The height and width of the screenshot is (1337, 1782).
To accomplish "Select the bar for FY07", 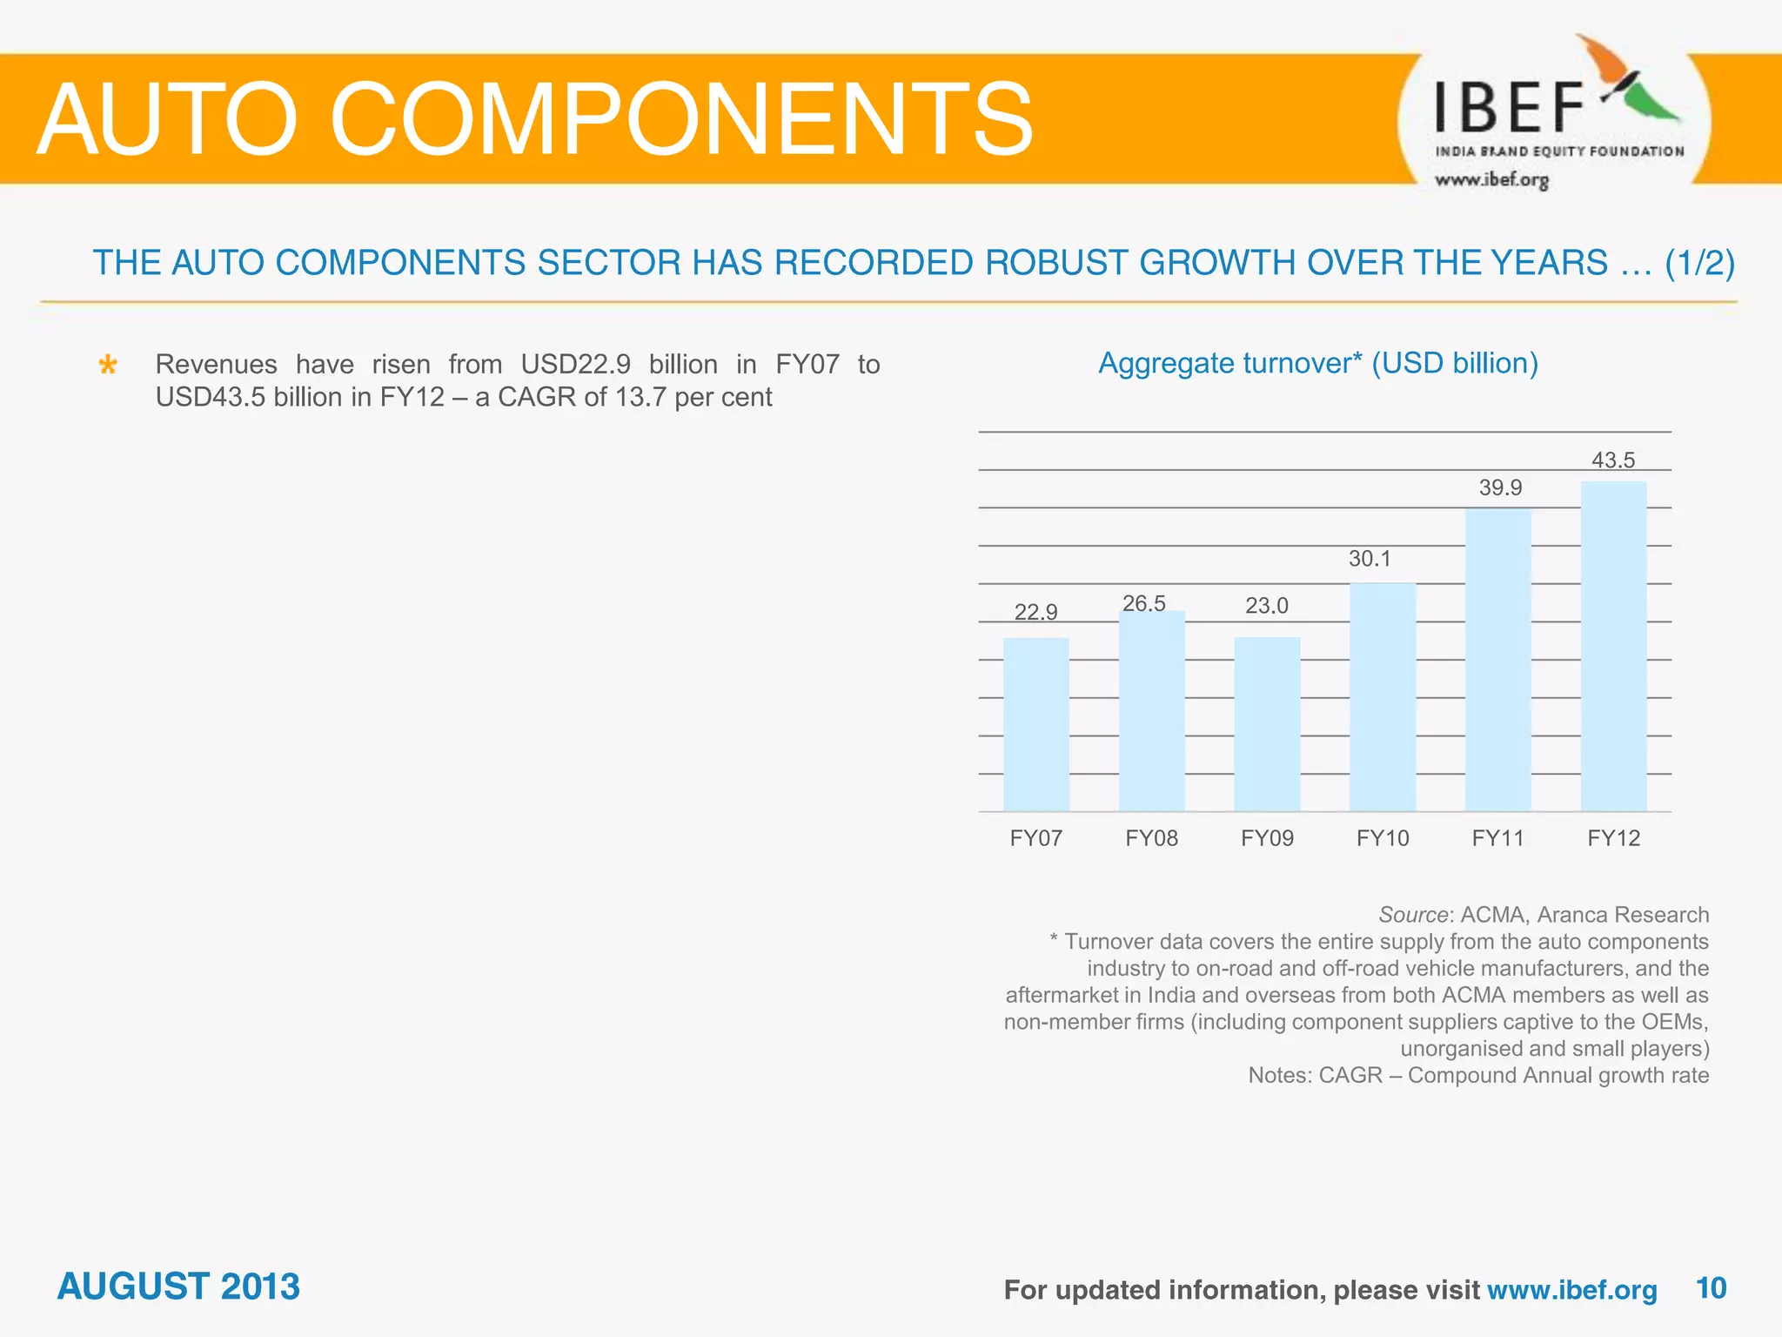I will pyautogui.click(x=1035, y=724).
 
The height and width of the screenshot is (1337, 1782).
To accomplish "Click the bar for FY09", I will pyautogui.click(x=1267, y=724).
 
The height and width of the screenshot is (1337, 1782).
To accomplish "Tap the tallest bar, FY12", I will pyautogui.click(x=1613, y=646).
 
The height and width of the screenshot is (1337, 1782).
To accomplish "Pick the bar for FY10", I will pyautogui.click(x=1383, y=696).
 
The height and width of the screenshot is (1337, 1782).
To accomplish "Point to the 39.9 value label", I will pyautogui.click(x=1500, y=487).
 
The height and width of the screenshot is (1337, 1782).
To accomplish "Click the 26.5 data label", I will pyautogui.click(x=1143, y=603).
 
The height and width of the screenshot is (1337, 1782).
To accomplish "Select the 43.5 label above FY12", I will pyautogui.click(x=1613, y=460).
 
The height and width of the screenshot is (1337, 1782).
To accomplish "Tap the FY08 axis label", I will pyautogui.click(x=1151, y=838).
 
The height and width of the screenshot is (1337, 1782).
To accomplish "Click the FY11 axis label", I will pyautogui.click(x=1497, y=838).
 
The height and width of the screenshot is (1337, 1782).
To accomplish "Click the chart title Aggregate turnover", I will pyautogui.click(x=1317, y=363).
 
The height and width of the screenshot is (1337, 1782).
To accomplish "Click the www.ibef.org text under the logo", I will pyautogui.click(x=1491, y=180).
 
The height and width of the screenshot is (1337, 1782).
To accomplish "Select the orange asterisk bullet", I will pyautogui.click(x=108, y=365).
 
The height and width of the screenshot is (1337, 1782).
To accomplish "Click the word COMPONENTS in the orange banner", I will pyautogui.click(x=681, y=120).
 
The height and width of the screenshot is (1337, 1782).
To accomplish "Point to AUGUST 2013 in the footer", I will pyautogui.click(x=178, y=1287).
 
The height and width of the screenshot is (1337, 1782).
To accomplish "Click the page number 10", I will pyautogui.click(x=1711, y=1287).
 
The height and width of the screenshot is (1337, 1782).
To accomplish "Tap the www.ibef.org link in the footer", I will pyautogui.click(x=1571, y=1290).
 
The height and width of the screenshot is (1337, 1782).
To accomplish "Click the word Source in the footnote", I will pyautogui.click(x=1413, y=915).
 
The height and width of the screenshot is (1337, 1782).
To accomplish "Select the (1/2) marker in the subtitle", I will pyautogui.click(x=1699, y=263).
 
